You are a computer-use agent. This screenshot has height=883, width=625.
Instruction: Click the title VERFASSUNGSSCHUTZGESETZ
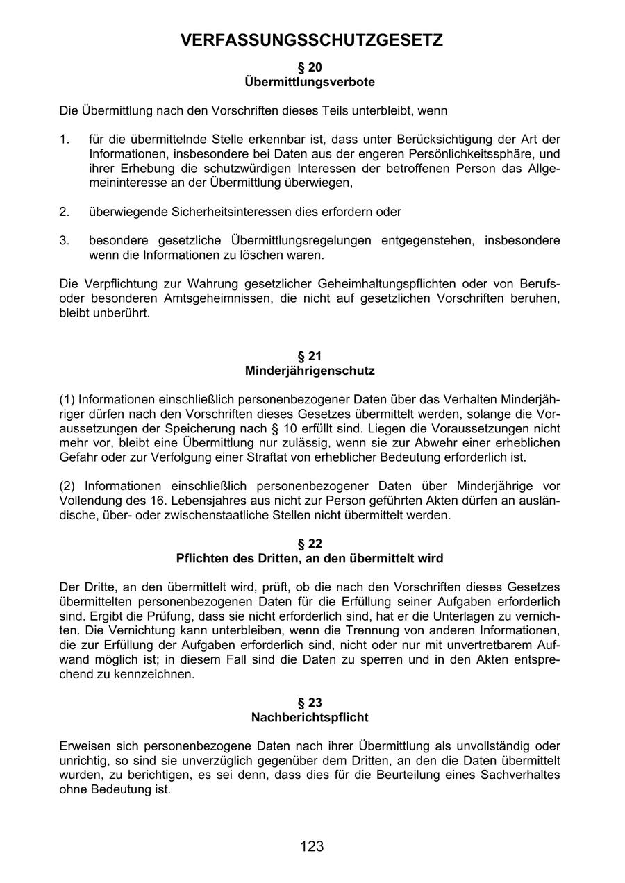coord(312,41)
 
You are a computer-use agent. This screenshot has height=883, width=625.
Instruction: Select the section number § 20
coord(310,67)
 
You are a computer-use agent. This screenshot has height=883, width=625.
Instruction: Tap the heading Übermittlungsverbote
coord(310,82)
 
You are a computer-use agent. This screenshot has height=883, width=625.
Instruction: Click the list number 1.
coord(64,140)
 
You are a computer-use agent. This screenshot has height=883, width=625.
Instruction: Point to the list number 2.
coord(64,211)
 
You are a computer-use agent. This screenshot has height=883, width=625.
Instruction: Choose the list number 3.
coord(64,240)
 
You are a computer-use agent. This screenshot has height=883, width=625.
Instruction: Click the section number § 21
coord(310,356)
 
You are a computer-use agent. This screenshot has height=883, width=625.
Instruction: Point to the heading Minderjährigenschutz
coord(310,371)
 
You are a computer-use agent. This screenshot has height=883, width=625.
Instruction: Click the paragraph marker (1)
coord(67,399)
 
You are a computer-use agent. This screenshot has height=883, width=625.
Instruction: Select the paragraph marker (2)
coord(67,486)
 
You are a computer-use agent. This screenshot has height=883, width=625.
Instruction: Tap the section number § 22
coord(310,544)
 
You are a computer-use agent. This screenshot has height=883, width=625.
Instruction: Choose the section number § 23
coord(310,703)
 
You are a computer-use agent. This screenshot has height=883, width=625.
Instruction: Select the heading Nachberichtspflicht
coord(310,717)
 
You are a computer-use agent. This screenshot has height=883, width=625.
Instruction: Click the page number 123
coord(312,846)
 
